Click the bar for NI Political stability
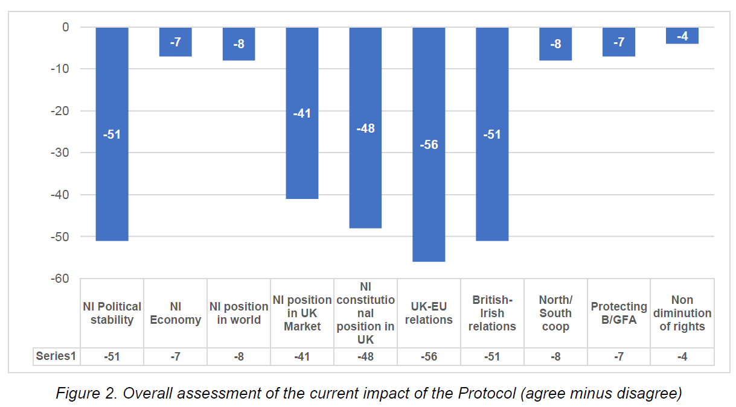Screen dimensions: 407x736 [112, 181]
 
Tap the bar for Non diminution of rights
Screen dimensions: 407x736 [682, 36]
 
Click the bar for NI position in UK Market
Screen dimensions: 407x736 [302, 157]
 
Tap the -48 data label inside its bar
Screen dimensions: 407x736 [365, 128]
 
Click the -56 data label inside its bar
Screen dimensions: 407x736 [429, 145]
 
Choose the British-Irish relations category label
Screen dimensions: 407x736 [492, 313]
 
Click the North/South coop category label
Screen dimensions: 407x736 [555, 313]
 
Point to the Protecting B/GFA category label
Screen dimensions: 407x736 [619, 313]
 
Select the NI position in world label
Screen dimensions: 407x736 [238, 313]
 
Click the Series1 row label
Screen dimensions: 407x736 [56, 356]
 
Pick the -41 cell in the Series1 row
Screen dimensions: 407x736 [302, 356]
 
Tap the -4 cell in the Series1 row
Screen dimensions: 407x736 [682, 356]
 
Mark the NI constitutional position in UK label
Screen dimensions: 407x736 [365, 313]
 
